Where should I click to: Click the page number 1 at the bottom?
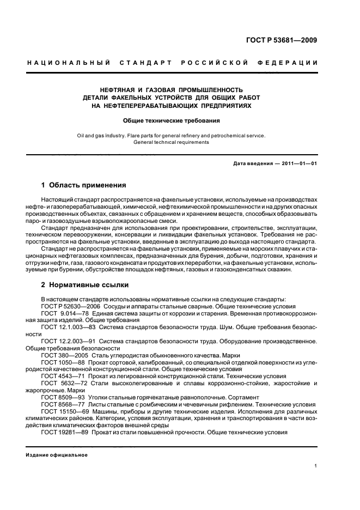point(316,465)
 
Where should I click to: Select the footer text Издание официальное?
point(57,455)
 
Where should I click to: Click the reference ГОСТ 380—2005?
point(63,355)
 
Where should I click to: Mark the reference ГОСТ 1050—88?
point(61,362)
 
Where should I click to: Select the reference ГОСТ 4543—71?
point(61,376)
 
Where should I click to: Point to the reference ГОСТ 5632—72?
point(61,383)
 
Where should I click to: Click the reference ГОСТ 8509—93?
point(61,397)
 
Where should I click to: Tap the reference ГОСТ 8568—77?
point(61,404)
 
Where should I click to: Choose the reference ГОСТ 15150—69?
point(63,411)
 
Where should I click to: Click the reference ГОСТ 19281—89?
point(63,432)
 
